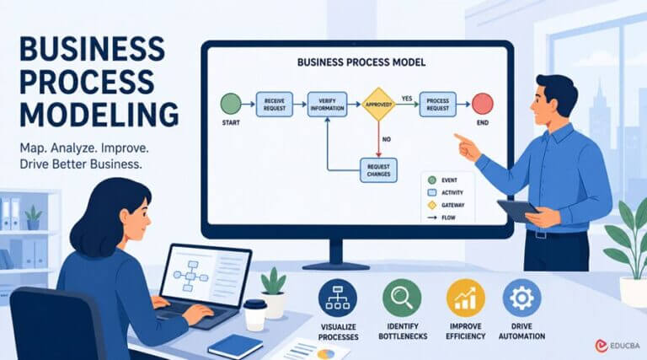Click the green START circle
pyautogui.click(x=231, y=104)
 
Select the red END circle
pyautogui.click(x=483, y=104)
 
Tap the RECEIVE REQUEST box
pyautogui.click(x=275, y=105)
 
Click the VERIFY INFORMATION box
pyautogui.click(x=327, y=105)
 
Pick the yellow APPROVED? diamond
pyautogui.click(x=378, y=105)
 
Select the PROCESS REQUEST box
pyautogui.click(x=438, y=105)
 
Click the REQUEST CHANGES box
pyautogui.click(x=378, y=170)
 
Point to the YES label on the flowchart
pyautogui.click(x=407, y=99)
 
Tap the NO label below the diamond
pyautogui.click(x=386, y=140)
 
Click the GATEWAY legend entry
pyautogui.click(x=446, y=205)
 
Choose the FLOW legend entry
pyautogui.click(x=441, y=218)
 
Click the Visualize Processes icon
pyautogui.click(x=338, y=298)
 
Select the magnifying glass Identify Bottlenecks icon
pyautogui.click(x=402, y=298)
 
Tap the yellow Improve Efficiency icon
pyautogui.click(x=465, y=298)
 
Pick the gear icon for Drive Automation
pyautogui.click(x=521, y=298)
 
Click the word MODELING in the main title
pyautogui.click(x=99, y=115)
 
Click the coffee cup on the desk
pyautogui.click(x=254, y=315)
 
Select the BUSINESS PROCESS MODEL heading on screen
pyautogui.click(x=361, y=62)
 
